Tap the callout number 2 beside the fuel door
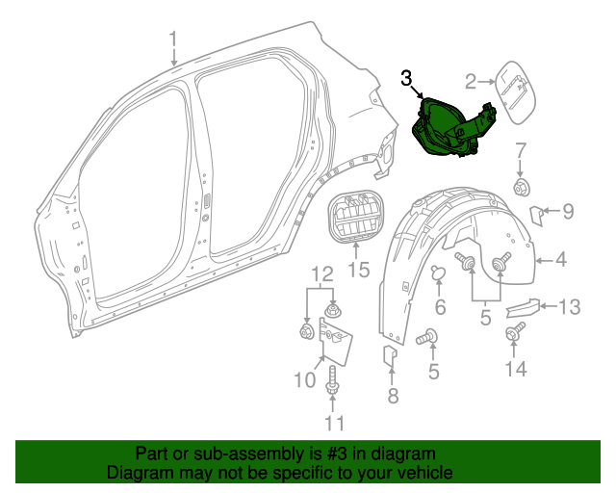(x=472, y=81)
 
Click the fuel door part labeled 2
(x=515, y=94)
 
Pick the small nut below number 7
(x=522, y=186)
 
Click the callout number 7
(x=521, y=150)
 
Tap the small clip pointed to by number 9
(x=540, y=213)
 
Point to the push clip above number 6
(x=438, y=273)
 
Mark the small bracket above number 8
(x=390, y=357)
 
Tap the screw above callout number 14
(x=512, y=334)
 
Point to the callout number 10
(x=305, y=380)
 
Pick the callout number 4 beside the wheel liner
(x=559, y=258)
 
